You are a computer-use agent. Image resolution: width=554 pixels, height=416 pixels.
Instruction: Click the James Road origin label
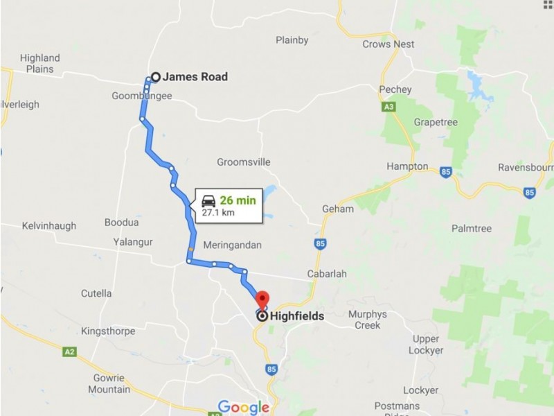tap(195, 77)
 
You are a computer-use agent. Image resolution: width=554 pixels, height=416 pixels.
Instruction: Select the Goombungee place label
tap(141, 96)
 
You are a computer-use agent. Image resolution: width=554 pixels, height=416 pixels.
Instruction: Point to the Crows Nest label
tap(388, 44)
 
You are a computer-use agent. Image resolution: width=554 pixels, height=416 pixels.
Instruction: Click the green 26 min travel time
tap(238, 200)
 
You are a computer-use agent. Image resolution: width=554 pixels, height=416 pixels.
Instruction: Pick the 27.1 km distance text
tap(218, 213)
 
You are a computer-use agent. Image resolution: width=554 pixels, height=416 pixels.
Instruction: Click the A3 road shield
tap(388, 107)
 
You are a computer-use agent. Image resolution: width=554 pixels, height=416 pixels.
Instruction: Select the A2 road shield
tap(69, 352)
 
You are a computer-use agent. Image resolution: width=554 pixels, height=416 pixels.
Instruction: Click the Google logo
tap(243, 407)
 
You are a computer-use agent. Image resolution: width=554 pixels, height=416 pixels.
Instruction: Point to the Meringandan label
tap(233, 245)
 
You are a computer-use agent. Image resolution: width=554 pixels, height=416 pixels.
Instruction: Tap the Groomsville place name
tap(243, 162)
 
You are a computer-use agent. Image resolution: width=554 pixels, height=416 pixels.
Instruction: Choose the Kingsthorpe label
tap(108, 331)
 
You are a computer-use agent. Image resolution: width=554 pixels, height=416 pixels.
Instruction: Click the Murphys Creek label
tap(367, 320)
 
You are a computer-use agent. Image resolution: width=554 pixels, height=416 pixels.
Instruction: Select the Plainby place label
tap(292, 40)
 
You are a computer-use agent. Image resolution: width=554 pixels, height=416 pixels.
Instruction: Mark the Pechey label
tap(395, 89)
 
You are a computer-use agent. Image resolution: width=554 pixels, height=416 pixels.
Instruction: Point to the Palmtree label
tap(471, 227)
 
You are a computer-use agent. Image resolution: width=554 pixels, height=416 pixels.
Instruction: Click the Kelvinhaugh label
tap(48, 226)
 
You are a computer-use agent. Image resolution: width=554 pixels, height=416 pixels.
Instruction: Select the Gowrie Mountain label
tap(109, 383)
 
